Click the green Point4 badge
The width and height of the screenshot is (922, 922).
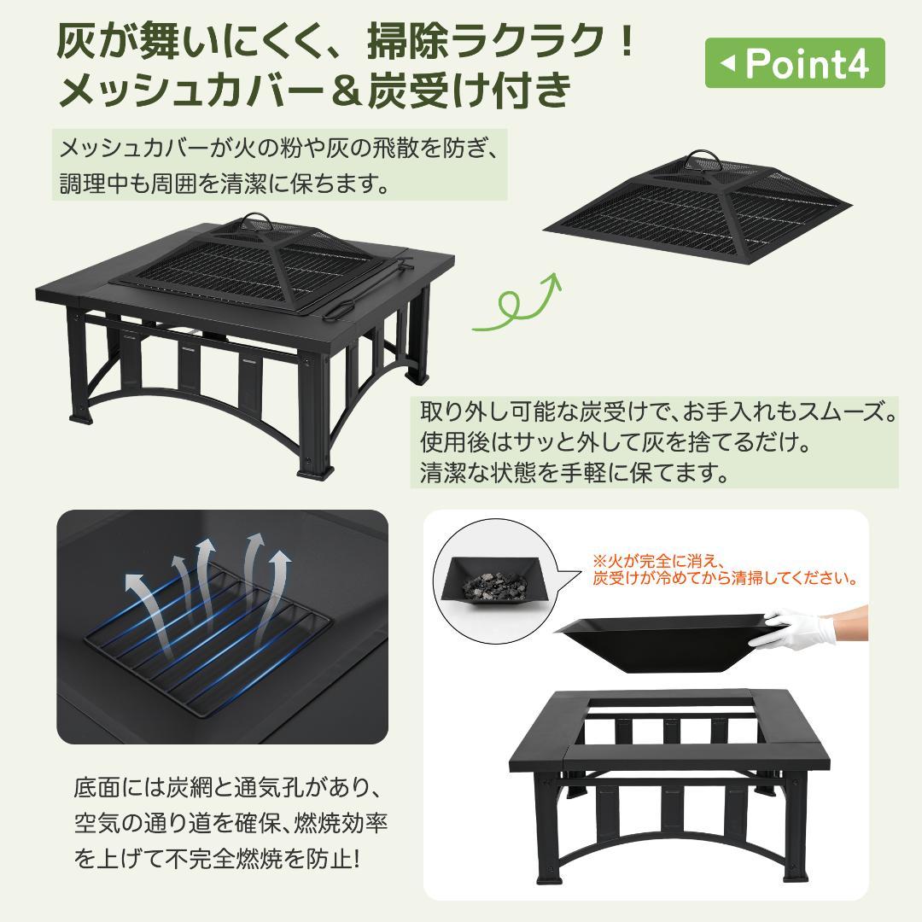click(x=794, y=63)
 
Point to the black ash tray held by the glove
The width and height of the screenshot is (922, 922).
click(x=657, y=640)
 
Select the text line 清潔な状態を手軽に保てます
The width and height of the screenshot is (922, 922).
click(x=575, y=472)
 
